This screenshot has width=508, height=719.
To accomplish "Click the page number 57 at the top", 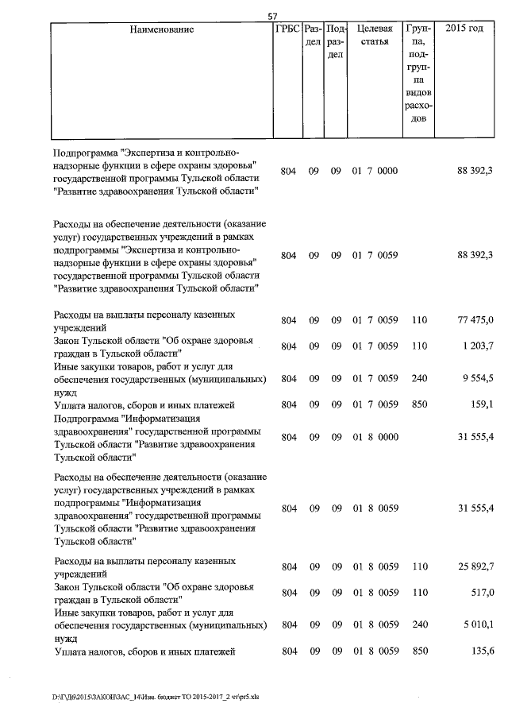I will point(272,16).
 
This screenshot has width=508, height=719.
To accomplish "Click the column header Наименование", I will point(163,29).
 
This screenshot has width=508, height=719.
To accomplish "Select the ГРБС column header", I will point(287,29).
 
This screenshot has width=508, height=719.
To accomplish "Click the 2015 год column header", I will point(464,29).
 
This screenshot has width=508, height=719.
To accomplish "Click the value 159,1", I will point(481,404).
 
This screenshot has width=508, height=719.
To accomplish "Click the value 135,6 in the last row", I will point(481,651).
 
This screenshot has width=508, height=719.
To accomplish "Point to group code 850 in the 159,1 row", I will point(420,404).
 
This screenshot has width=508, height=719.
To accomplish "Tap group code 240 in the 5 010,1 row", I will point(420,625).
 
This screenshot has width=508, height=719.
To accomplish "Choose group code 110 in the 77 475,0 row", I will point(420,320).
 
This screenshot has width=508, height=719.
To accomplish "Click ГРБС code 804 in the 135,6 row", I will point(289,651).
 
